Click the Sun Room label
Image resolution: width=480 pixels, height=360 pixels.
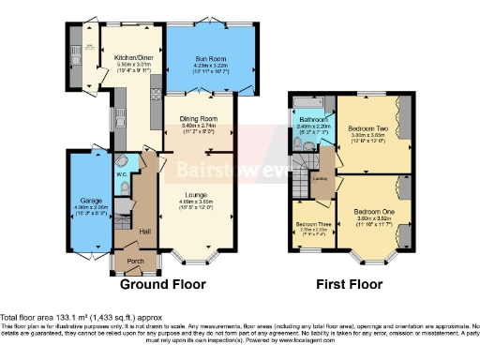click(209, 57)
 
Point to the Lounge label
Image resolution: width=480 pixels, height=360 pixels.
click(196, 194)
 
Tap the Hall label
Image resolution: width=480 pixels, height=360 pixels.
click(145, 230)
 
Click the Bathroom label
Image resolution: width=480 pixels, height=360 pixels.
click(313, 121)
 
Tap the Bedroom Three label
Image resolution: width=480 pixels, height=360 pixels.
click(311, 225)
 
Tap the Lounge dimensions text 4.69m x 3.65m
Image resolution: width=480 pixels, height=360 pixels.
click(196, 201)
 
